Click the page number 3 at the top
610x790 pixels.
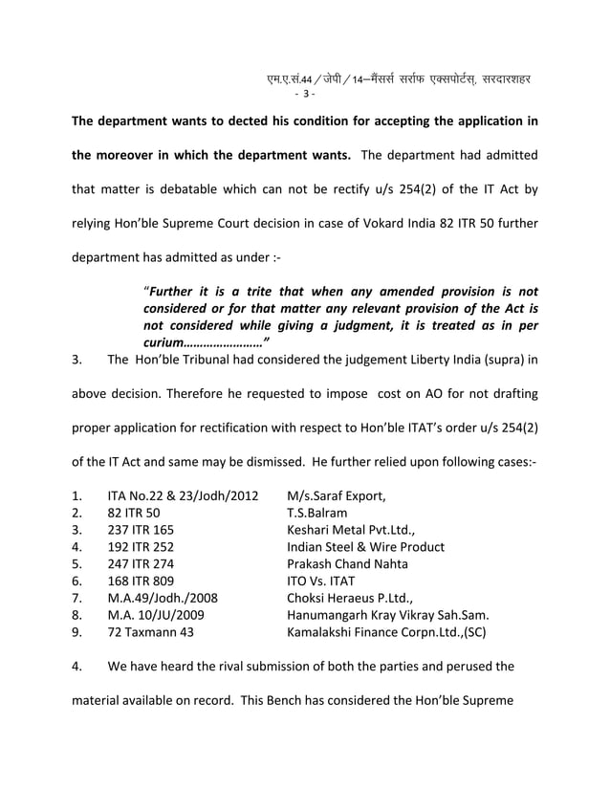pos(305,94)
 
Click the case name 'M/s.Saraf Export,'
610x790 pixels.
pos(337,495)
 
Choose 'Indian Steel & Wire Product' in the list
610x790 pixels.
pos(365,547)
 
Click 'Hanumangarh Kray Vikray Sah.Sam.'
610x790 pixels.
pos(387,616)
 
